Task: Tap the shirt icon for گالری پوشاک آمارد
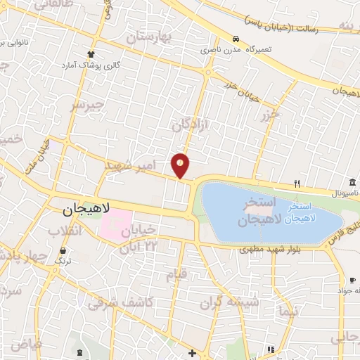90,54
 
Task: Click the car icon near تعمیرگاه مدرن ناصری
236,39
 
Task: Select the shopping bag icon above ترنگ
63,250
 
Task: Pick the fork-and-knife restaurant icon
297,184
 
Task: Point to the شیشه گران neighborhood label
229,302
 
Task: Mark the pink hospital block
115,224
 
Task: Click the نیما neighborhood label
289,310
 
